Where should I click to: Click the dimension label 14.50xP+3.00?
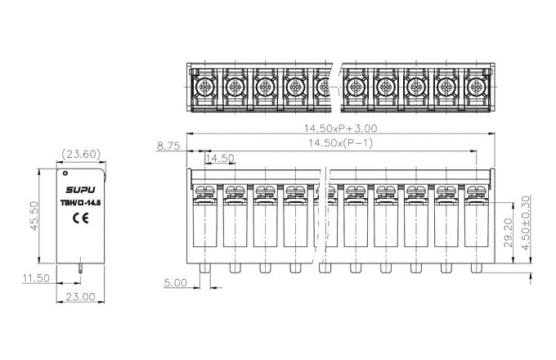coord(341,128)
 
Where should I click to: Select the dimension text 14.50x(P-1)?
coord(341,144)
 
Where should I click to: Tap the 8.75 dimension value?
coord(168,146)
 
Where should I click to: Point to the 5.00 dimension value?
coord(176,282)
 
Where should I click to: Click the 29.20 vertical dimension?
coord(508,232)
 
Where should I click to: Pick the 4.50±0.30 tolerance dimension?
coord(526,223)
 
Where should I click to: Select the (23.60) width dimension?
coord(81,153)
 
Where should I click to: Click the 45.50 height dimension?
coord(35,216)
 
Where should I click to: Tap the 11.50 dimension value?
coord(36,279)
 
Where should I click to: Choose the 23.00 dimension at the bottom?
coord(81,297)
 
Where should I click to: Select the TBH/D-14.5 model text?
coord(81,201)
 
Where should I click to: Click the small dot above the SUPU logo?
coord(65,173)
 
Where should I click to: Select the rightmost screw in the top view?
coord(477,85)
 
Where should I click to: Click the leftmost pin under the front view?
coord(204,268)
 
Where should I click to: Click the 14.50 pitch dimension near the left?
coord(220,158)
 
